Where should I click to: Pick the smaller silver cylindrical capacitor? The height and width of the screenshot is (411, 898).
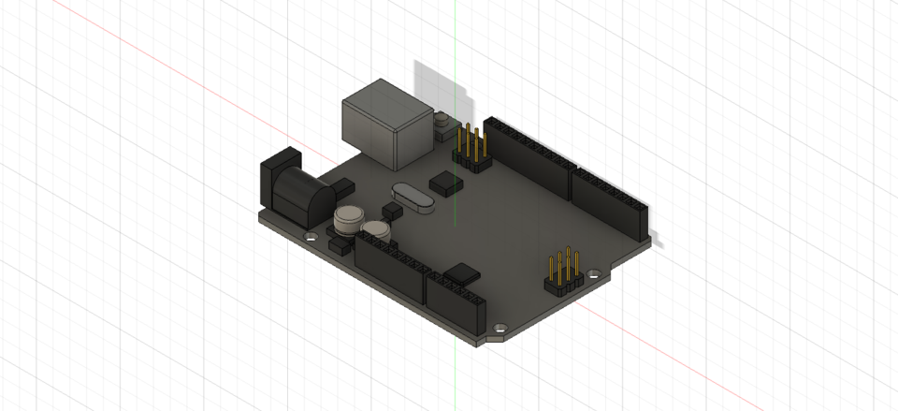[x=376, y=228]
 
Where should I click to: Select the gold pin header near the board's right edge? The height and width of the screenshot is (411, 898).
[x=564, y=272]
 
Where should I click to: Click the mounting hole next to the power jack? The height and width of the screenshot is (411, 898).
[x=310, y=238]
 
